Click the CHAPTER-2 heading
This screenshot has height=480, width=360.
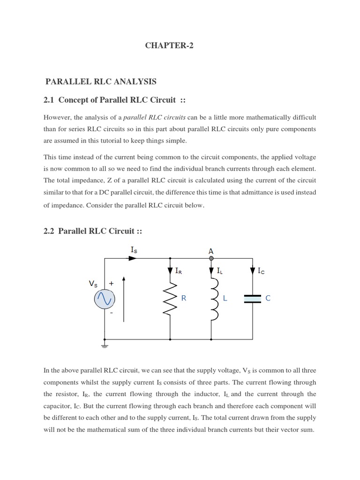pos(169,45)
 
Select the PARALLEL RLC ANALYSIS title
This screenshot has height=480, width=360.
pos(101,82)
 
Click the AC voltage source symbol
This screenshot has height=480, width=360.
pos(104,299)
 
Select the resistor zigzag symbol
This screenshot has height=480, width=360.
pos(170,299)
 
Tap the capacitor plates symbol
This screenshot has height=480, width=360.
pos(253,299)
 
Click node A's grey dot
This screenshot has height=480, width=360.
pos(211,258)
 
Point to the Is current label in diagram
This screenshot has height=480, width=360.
pos(134,250)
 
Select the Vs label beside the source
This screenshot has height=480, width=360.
pos(93,284)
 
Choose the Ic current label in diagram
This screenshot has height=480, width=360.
pos(261,271)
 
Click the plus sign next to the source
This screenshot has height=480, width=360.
pos(111,284)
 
